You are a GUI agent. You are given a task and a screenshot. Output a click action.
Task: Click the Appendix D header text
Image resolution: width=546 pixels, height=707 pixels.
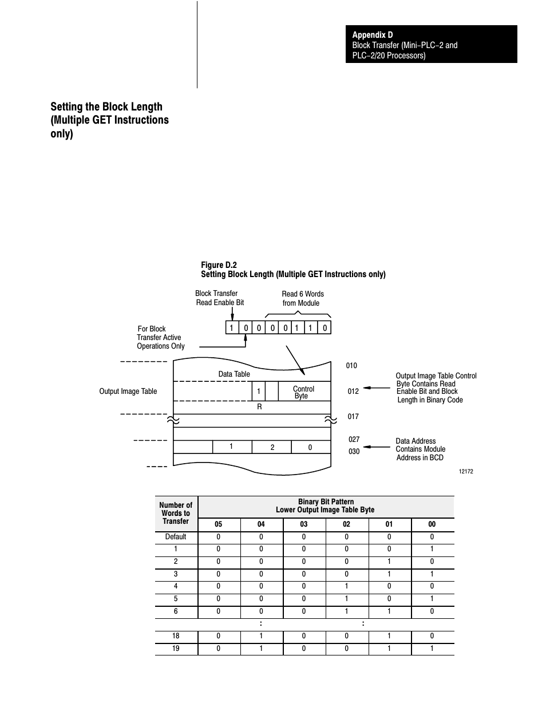(x=373, y=35)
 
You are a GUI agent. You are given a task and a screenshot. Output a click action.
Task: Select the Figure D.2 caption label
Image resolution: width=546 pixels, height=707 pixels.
(x=219, y=265)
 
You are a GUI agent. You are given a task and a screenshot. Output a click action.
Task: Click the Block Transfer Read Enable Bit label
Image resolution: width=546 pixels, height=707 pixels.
(x=219, y=298)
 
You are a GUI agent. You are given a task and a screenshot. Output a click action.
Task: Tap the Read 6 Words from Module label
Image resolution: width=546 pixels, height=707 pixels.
(x=302, y=298)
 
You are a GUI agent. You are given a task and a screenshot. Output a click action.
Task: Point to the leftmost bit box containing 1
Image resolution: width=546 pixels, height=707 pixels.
(x=232, y=327)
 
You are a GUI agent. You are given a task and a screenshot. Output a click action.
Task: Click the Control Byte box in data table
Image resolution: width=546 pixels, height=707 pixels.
(x=303, y=392)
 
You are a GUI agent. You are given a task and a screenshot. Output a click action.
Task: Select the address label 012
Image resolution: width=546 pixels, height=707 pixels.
(x=353, y=392)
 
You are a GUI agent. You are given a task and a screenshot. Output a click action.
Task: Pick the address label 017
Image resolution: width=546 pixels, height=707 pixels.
(x=353, y=417)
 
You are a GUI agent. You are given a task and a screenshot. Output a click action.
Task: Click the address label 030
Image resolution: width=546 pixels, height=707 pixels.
(x=354, y=452)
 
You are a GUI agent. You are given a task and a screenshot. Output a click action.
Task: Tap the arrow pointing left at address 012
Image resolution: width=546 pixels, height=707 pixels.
(x=377, y=388)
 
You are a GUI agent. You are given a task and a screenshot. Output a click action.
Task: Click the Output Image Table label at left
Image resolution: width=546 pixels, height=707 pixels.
(x=128, y=392)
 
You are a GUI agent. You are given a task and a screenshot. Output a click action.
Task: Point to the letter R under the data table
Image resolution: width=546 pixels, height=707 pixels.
(x=259, y=407)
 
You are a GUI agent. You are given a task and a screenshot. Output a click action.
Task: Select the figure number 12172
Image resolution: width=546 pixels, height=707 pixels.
(x=466, y=472)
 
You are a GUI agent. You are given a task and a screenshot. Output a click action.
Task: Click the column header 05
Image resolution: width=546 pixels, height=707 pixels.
(x=218, y=524)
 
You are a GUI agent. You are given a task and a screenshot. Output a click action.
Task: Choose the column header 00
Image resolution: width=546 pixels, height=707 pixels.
(x=432, y=524)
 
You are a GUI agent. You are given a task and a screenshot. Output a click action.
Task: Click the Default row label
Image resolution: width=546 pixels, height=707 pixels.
(x=176, y=537)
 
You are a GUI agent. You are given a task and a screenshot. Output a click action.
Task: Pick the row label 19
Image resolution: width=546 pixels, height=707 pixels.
(x=176, y=649)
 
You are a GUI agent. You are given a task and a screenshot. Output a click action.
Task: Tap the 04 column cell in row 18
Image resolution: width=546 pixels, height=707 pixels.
(x=261, y=636)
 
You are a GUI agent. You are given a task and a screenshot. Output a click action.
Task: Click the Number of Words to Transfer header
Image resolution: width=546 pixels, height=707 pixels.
(x=176, y=513)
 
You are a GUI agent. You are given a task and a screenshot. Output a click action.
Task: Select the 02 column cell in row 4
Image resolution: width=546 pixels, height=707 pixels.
(x=346, y=586)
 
